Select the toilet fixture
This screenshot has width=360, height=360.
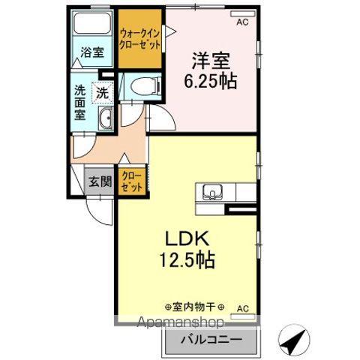coord(143,86)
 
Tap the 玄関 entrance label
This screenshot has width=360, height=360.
coord(100,181)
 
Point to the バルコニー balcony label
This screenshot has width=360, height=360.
coord(209,340)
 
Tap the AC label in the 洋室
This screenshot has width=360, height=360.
coord(242,23)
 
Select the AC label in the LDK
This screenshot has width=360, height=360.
coord(242,307)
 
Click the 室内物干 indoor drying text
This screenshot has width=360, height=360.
coord(189,307)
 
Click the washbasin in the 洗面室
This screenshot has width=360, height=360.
coord(106,118)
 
